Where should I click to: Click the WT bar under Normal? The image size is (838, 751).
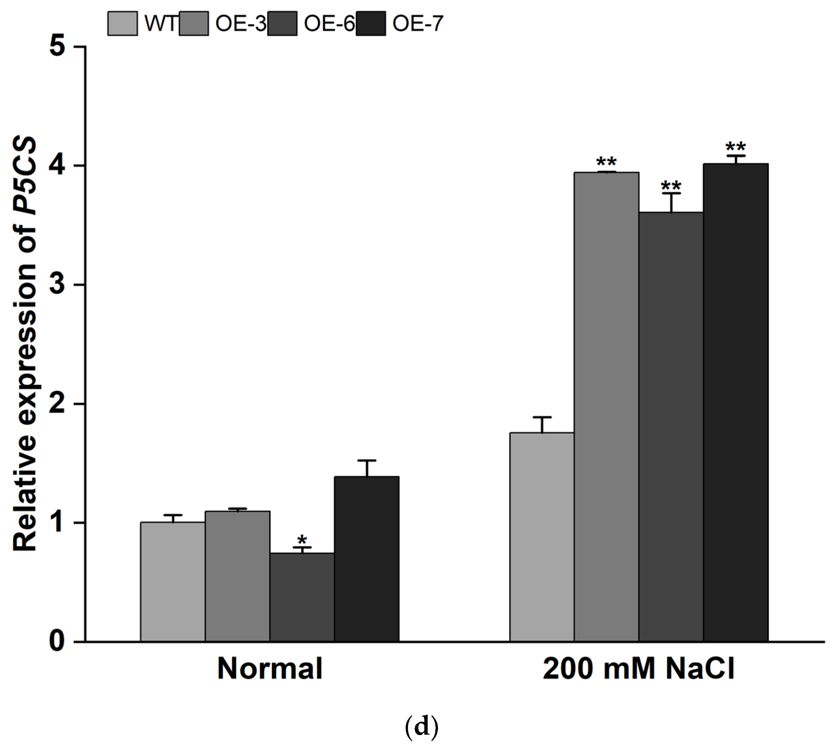(x=172, y=582)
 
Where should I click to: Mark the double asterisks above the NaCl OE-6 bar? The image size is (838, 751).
(x=671, y=185)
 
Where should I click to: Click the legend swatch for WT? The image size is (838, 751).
(x=122, y=24)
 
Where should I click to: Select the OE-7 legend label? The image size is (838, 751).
(x=418, y=24)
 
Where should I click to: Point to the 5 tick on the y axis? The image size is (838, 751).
(x=58, y=47)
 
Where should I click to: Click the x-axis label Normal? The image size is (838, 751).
(x=270, y=668)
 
